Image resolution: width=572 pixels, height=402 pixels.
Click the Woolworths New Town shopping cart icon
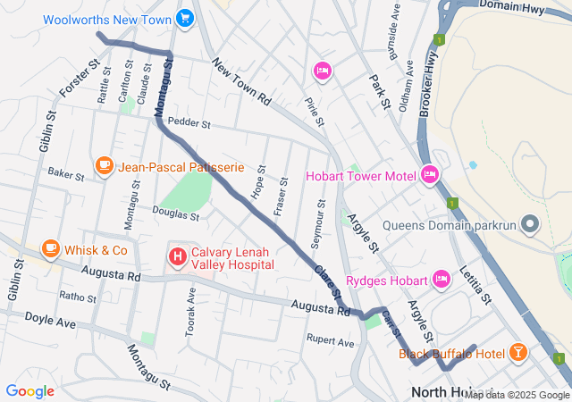click(185, 18)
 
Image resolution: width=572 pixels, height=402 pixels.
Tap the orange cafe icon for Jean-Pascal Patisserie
click(105, 167)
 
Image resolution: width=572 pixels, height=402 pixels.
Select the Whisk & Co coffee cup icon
click(50, 250)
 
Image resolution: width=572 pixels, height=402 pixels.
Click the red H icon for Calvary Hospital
click(177, 257)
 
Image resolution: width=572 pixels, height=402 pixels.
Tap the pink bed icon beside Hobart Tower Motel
click(429, 174)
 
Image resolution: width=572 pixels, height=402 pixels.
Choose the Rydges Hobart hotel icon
click(440, 280)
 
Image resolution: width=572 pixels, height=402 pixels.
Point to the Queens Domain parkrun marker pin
click(531, 223)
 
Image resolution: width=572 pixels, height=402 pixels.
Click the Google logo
click(29, 391)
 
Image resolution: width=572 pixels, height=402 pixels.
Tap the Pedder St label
click(188, 122)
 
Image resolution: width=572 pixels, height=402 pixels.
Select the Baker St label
click(65, 173)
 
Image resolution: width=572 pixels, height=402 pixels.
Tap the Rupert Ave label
click(330, 340)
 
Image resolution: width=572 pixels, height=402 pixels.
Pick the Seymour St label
click(321, 219)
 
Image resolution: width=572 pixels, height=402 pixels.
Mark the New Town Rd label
click(240, 83)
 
